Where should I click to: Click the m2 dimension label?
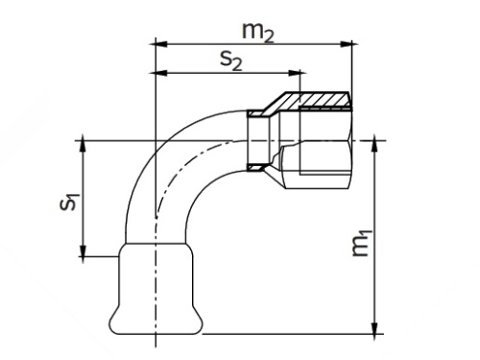258,33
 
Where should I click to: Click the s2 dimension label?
231,60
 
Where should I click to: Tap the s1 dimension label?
69,202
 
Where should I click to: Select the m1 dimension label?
362,243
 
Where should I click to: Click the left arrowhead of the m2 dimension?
161,44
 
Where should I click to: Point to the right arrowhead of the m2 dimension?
346,44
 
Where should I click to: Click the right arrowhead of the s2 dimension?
294,73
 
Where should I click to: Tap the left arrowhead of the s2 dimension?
161,73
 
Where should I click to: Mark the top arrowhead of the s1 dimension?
83,147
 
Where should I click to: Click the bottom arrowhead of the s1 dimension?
83,251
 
